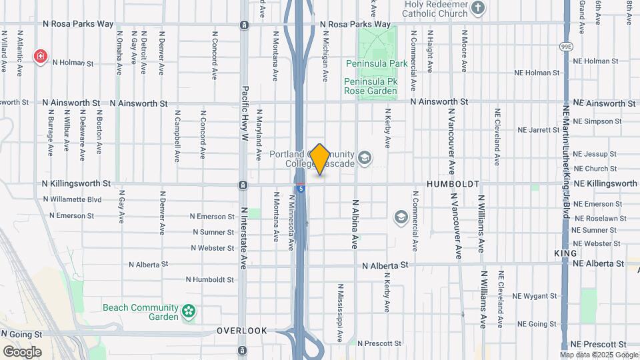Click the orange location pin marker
(320, 159)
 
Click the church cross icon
(477, 8)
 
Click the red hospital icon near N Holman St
(41, 57)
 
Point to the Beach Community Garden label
(141, 312)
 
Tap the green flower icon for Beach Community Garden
(189, 311)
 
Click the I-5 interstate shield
(301, 189)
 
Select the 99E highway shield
(566, 46)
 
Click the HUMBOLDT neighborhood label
(453, 183)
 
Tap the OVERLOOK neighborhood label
(242, 331)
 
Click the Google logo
(22, 352)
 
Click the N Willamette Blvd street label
(72, 199)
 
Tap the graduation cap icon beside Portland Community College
(364, 158)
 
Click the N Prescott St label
(379, 343)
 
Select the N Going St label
(21, 333)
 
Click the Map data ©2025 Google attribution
(599, 355)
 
